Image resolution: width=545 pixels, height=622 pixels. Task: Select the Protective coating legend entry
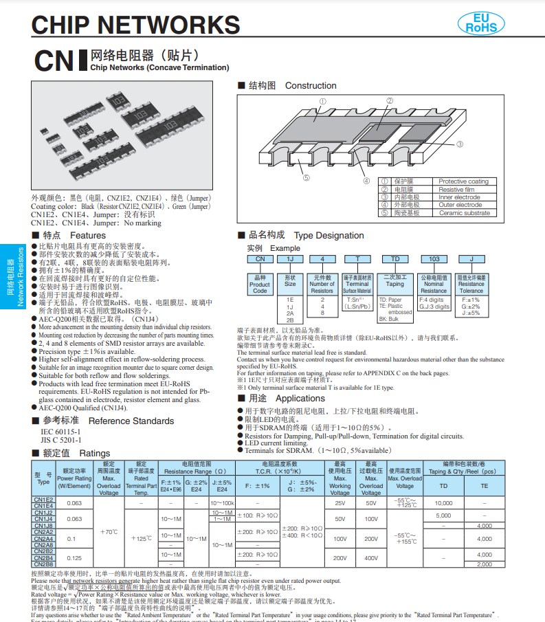pos(463,181)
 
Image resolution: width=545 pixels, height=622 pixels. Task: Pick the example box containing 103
pos(434,258)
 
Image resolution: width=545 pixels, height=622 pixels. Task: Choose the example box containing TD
pos(394,258)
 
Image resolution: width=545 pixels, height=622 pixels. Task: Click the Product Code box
pos(259,284)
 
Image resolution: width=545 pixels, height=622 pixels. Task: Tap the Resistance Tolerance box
pos(471,284)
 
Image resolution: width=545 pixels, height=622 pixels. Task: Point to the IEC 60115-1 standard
pos(60,431)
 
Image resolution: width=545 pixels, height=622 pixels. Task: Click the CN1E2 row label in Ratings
pos(43,500)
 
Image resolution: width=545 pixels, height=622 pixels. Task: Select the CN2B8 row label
pos(43,564)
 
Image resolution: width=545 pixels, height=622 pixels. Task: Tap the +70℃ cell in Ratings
pos(108,532)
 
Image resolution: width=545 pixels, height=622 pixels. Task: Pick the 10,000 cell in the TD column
pos(443,502)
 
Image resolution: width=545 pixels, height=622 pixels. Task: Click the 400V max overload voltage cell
pos(371,558)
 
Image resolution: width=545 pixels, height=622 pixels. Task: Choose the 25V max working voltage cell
pos(340,502)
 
